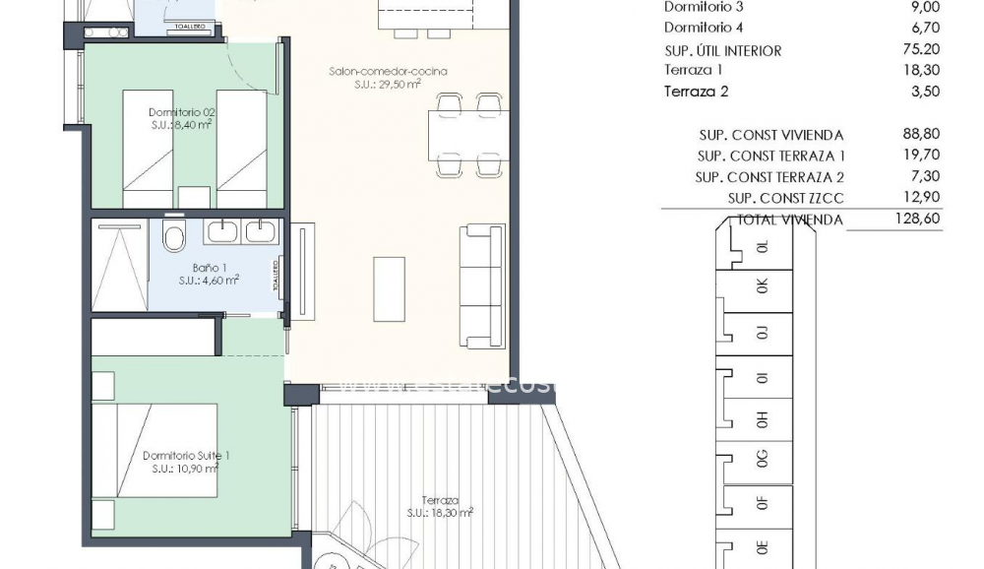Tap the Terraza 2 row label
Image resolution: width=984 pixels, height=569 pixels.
coord(698,93)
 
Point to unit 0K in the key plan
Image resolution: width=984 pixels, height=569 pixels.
coord(762,287)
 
